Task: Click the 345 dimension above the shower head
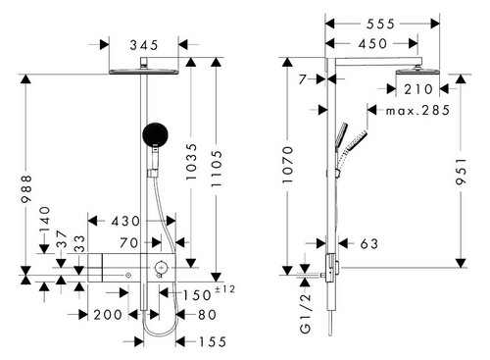[x=144, y=45]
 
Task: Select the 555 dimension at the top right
[x=380, y=24]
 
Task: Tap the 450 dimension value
[x=372, y=43]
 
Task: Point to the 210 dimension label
[x=418, y=89]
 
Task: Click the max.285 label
[x=417, y=111]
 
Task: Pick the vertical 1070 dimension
[x=288, y=165]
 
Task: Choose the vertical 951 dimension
[x=462, y=172]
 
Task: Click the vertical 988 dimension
[x=26, y=188]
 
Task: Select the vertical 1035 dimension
[x=191, y=162]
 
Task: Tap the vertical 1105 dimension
[x=217, y=169]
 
